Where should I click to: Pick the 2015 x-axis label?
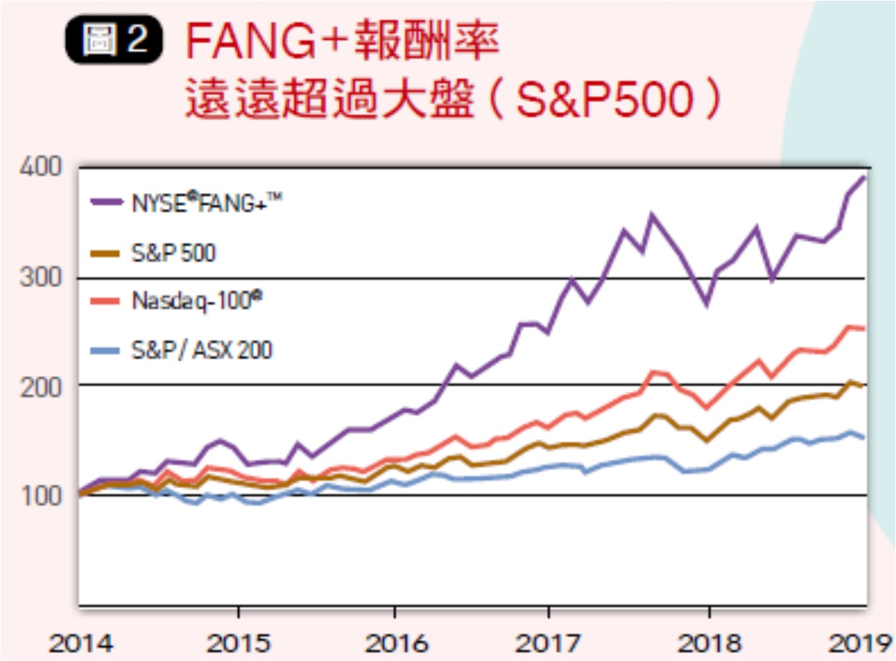[x=238, y=643]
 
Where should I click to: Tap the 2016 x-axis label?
[x=394, y=643]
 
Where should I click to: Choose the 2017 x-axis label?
[x=549, y=643]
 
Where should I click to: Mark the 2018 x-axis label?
[x=707, y=643]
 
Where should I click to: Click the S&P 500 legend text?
[x=173, y=253]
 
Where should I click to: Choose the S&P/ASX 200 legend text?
[x=202, y=350]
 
